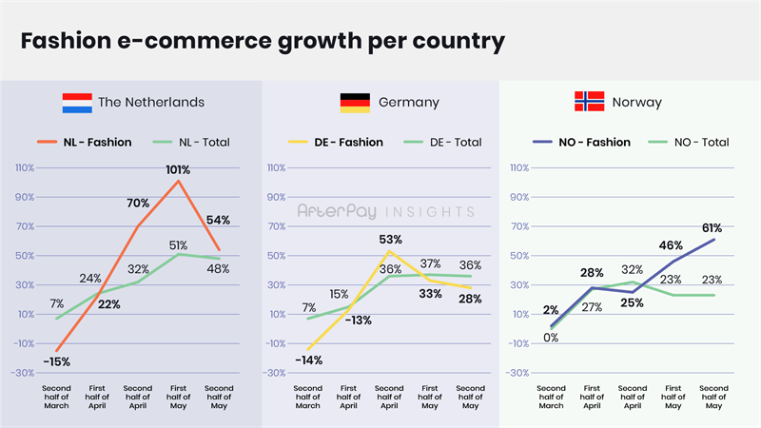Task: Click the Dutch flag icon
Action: [77, 102]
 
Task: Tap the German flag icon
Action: [355, 102]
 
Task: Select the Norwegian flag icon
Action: [590, 102]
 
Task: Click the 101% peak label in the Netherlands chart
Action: [178, 169]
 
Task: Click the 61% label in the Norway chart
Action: [712, 228]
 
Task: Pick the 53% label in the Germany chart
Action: [390, 239]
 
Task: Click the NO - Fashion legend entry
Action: [595, 143]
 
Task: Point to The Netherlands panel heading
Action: [151, 102]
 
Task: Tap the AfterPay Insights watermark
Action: [385, 211]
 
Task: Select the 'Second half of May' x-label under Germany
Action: [470, 398]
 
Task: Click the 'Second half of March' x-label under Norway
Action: [551, 398]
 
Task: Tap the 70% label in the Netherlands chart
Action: [139, 203]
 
